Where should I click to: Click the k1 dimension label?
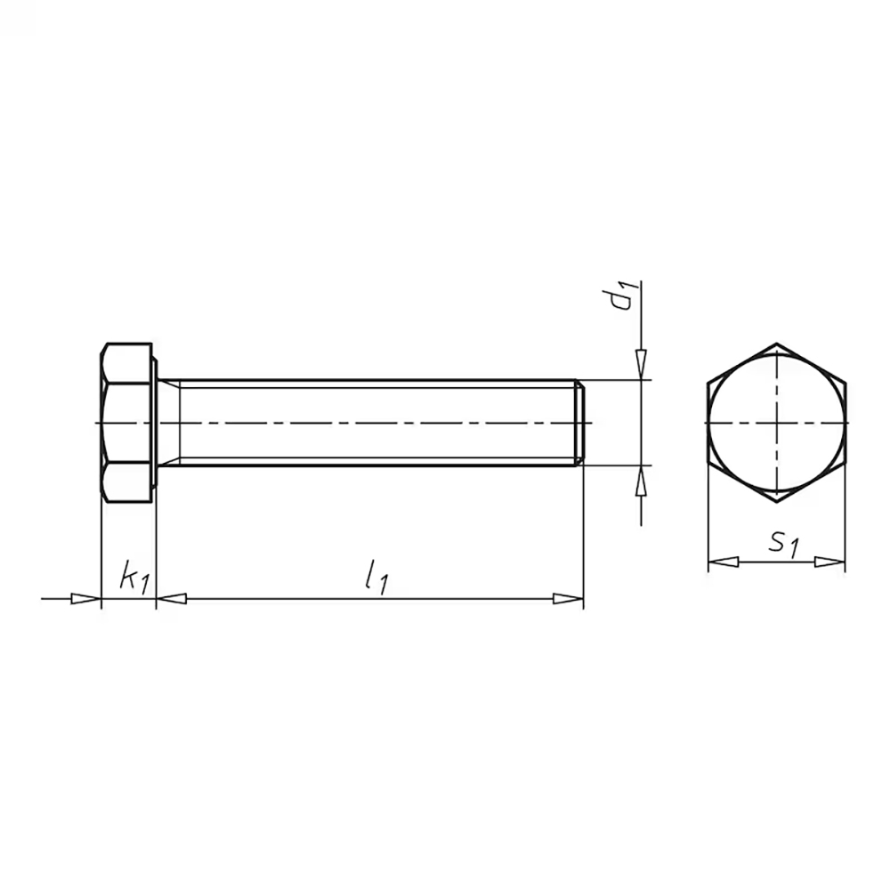(133, 578)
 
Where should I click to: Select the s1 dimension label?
(783, 543)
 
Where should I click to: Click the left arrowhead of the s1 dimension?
(722, 562)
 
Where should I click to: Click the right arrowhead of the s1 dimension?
(830, 562)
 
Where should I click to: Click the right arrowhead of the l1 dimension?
(569, 599)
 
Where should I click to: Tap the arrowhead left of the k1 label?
(86, 599)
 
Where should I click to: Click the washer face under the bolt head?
(156, 423)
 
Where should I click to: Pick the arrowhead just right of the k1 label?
(172, 599)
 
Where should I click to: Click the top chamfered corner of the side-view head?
(107, 348)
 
